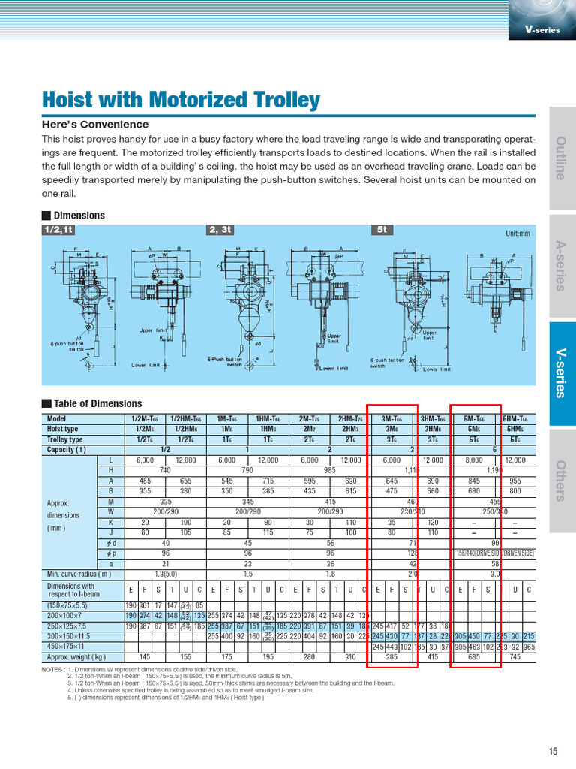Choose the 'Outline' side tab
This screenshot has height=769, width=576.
(562, 158)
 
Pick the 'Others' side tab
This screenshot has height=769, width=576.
(562, 481)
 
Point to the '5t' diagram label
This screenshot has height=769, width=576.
(380, 231)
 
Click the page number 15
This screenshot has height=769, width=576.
(553, 750)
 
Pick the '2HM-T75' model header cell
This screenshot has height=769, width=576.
(350, 419)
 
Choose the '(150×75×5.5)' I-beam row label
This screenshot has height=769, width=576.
(67, 604)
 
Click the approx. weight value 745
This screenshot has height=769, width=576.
(515, 656)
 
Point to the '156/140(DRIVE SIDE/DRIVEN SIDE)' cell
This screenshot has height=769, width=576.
(494, 553)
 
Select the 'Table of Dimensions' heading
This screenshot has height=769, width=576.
(97, 403)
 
